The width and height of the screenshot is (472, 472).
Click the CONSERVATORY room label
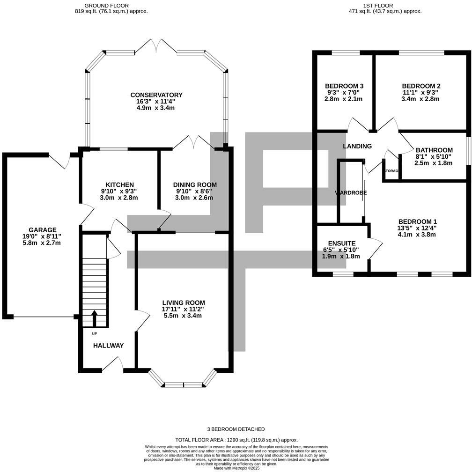coord(156,95)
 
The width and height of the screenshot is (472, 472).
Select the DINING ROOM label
coord(195,184)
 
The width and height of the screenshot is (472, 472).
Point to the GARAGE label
coord(43,229)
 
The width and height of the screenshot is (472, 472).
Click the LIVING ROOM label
coord(184,302)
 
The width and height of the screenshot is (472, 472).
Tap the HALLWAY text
coord(108,346)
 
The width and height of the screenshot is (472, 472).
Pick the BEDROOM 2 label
coord(421,86)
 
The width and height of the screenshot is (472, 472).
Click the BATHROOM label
coord(434,150)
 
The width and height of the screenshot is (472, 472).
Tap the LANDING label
coord(357,146)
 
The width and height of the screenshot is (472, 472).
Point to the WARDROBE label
coord(351,192)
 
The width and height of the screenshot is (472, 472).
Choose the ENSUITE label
coord(342,243)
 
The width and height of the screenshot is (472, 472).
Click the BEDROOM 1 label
coord(417,221)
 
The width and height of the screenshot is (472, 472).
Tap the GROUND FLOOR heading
coord(106,5)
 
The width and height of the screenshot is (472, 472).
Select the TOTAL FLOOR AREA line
coord(236,440)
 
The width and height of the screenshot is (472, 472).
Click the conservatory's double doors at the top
coord(157,46)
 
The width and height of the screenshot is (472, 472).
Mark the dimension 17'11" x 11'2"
coord(183,309)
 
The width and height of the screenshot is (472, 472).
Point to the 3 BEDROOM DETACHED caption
coord(236,429)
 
